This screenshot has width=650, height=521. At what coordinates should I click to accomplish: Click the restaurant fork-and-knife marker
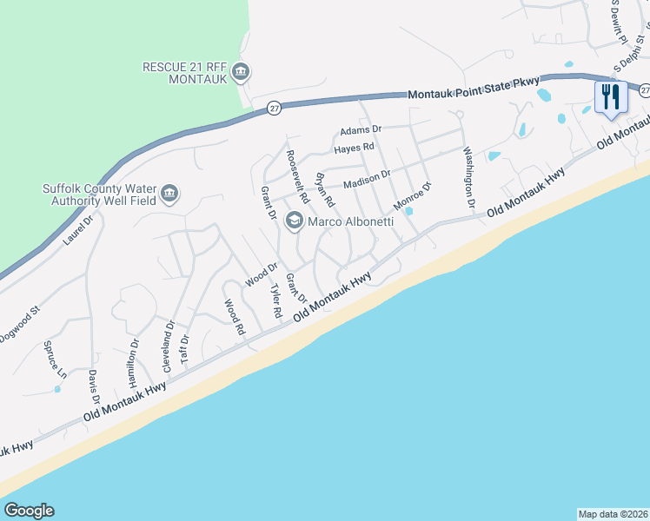point(611,96)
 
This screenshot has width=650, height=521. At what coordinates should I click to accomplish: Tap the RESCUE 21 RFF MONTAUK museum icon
point(242,71)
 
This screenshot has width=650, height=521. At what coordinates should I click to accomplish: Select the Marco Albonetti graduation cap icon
point(294,223)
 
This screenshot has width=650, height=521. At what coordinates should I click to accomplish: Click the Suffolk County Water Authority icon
point(169,194)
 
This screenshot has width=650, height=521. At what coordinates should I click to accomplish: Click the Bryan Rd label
point(324,190)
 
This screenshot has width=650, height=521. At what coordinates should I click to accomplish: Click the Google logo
point(29,511)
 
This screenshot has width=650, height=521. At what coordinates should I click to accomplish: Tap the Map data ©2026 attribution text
point(613,513)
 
